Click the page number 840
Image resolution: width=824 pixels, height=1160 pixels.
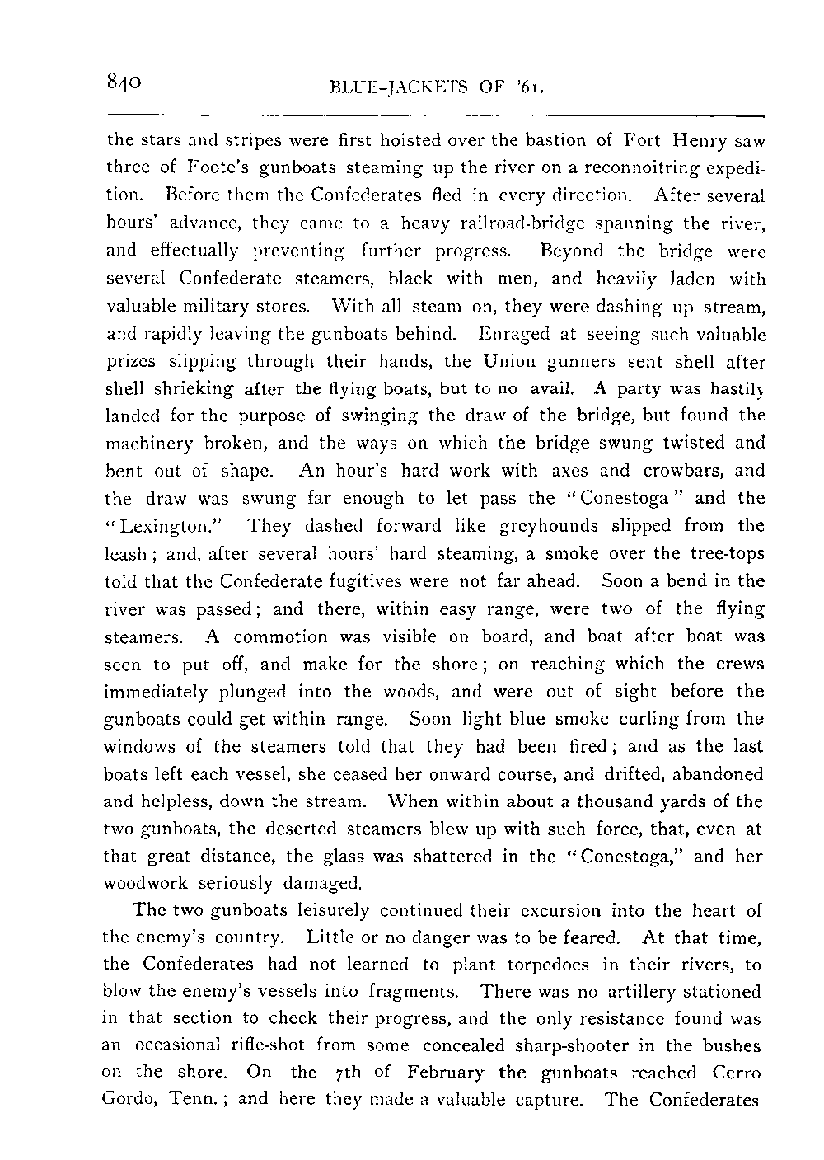pyautogui.click(x=126, y=82)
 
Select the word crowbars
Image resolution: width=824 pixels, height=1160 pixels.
pyautogui.click(x=691, y=471)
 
